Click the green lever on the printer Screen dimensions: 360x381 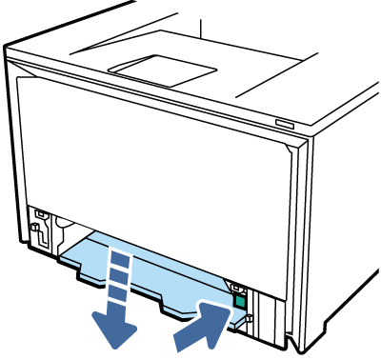pyautogui.click(x=239, y=301)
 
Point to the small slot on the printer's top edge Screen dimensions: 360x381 pyautogui.click(x=285, y=123)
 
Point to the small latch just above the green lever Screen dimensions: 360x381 pyautogui.click(x=236, y=284)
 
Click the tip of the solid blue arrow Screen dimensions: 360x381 pyautogui.click(x=225, y=310)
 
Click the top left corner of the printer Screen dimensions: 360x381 pyautogui.click(x=10, y=48)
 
